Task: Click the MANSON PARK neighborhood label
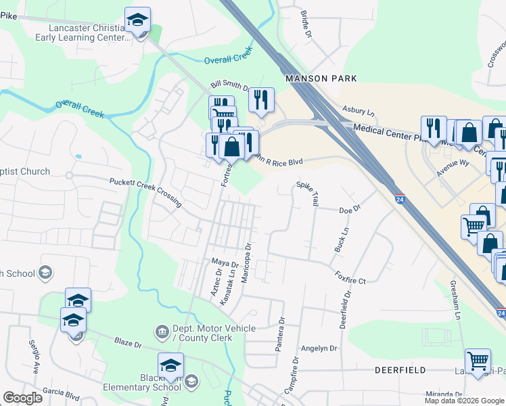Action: point(321,78)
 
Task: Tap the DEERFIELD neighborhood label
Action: point(400,370)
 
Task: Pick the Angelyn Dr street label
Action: point(319,348)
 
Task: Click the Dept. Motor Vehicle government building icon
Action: point(162,332)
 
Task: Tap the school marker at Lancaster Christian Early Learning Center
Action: point(138,20)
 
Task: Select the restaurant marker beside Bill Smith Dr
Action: point(260,99)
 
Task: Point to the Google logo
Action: point(23,398)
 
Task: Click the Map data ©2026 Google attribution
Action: point(464,401)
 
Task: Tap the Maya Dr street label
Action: point(225,263)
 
